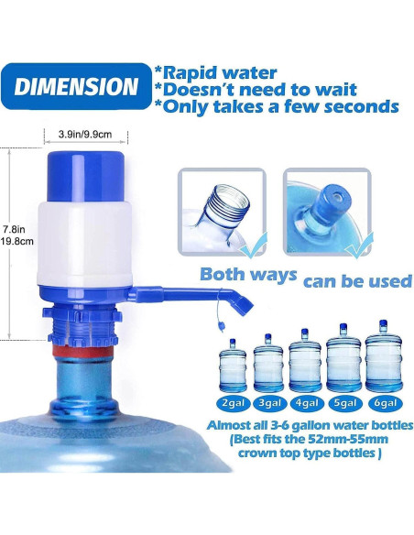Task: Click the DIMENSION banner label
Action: [x=76, y=88]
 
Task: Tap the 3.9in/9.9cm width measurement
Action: [x=86, y=134]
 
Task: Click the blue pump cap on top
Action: [x=86, y=170]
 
